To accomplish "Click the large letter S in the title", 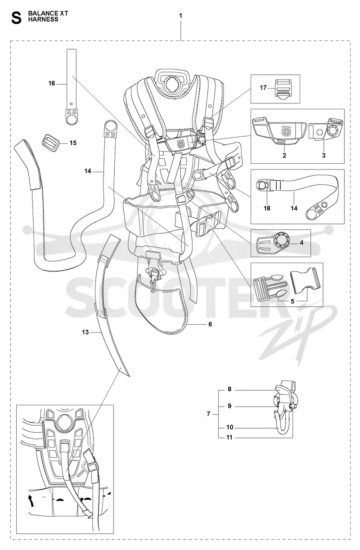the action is coord(17,19).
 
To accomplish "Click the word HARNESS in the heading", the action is coord(43,20).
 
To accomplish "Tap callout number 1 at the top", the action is coord(180,16).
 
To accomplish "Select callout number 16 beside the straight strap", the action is coord(52,84).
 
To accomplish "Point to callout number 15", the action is coord(73,143).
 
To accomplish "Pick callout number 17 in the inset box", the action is coord(263,88).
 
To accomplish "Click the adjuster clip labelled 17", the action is coord(282,89).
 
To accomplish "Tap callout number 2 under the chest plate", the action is coord(284,156).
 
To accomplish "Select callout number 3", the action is coord(324,156).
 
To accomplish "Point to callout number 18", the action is coord(267,208).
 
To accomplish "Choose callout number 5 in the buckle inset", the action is coord(292,301).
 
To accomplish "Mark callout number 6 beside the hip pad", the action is coord(210,324).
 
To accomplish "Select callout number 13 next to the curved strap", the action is coord(85,332).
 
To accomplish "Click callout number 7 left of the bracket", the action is coord(208,414).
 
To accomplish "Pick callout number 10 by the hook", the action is coord(229,427).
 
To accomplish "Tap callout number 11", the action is coord(229,437).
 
